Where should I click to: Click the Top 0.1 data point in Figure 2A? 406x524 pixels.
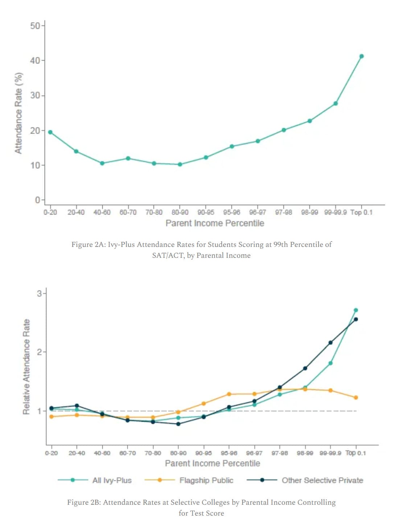361,56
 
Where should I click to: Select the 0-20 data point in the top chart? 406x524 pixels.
50,132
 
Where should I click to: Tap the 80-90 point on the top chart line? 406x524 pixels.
180,164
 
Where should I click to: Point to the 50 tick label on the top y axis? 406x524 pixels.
35,26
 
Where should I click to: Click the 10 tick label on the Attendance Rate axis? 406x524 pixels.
35,166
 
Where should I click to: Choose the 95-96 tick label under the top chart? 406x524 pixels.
231,212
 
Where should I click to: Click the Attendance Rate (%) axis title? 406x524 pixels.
19,113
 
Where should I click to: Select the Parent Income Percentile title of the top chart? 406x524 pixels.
215,223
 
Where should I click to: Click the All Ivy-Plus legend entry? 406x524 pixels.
112,480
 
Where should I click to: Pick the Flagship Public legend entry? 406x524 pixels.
206,480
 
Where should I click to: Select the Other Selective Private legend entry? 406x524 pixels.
322,480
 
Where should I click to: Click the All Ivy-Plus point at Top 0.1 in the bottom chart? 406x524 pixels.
356,310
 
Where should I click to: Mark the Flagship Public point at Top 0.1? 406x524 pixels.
356,398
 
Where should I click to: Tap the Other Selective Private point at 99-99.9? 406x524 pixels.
331,343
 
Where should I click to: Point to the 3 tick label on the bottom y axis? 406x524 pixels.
39,293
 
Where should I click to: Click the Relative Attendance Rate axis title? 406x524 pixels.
26,367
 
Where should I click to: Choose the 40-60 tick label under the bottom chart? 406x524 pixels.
102,453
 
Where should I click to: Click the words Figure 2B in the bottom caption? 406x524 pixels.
84,502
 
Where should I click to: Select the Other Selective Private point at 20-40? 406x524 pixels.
77,406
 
